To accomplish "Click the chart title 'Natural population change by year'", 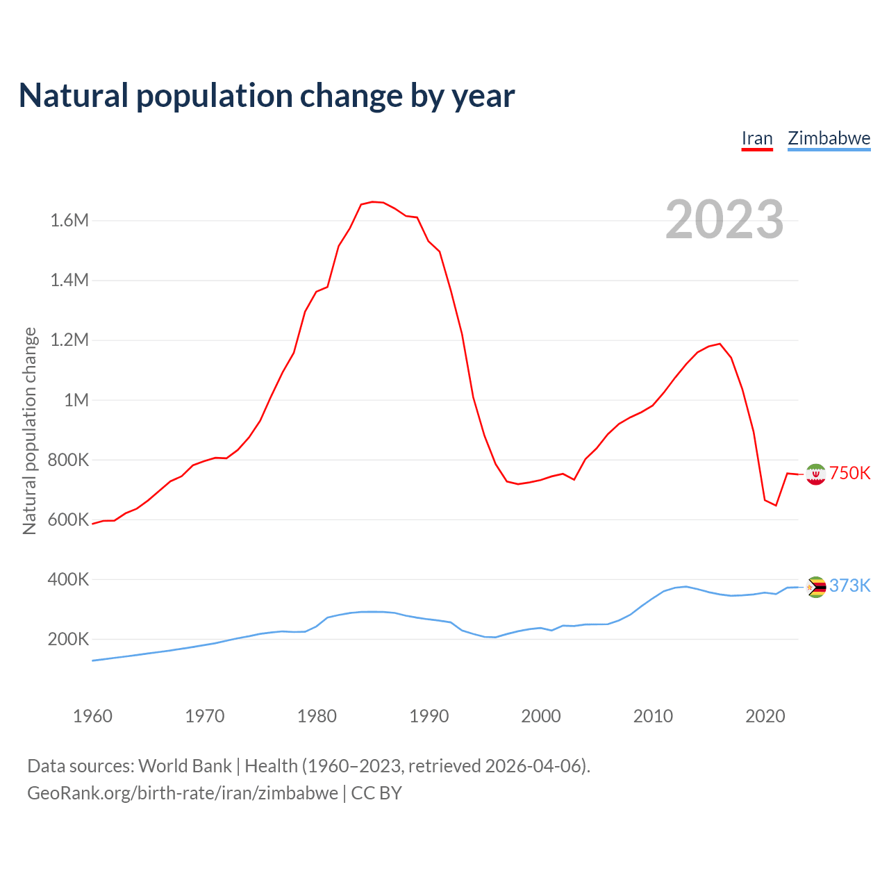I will (267, 96).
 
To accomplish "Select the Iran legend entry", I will (757, 138).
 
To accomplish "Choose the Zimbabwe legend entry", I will (829, 138).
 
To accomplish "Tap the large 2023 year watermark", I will (724, 219).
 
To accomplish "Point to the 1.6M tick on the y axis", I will (69, 221).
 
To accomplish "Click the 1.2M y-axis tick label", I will (69, 340).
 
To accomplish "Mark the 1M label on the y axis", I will (76, 400).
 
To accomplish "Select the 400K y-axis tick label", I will (68, 579).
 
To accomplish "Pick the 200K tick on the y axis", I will (68, 639).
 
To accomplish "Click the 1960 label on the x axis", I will (92, 716).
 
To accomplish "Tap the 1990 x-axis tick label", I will (429, 716).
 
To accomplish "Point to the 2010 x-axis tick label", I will (653, 716).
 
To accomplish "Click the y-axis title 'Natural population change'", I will (30, 431).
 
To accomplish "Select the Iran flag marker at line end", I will (815, 474).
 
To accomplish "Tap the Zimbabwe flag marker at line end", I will (816, 587).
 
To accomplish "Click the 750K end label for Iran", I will (849, 473).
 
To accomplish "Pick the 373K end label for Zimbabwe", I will (849, 585).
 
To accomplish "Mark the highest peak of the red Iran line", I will (372, 201).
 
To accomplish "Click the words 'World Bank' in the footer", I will (185, 766).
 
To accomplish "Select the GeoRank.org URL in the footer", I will (183, 792).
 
